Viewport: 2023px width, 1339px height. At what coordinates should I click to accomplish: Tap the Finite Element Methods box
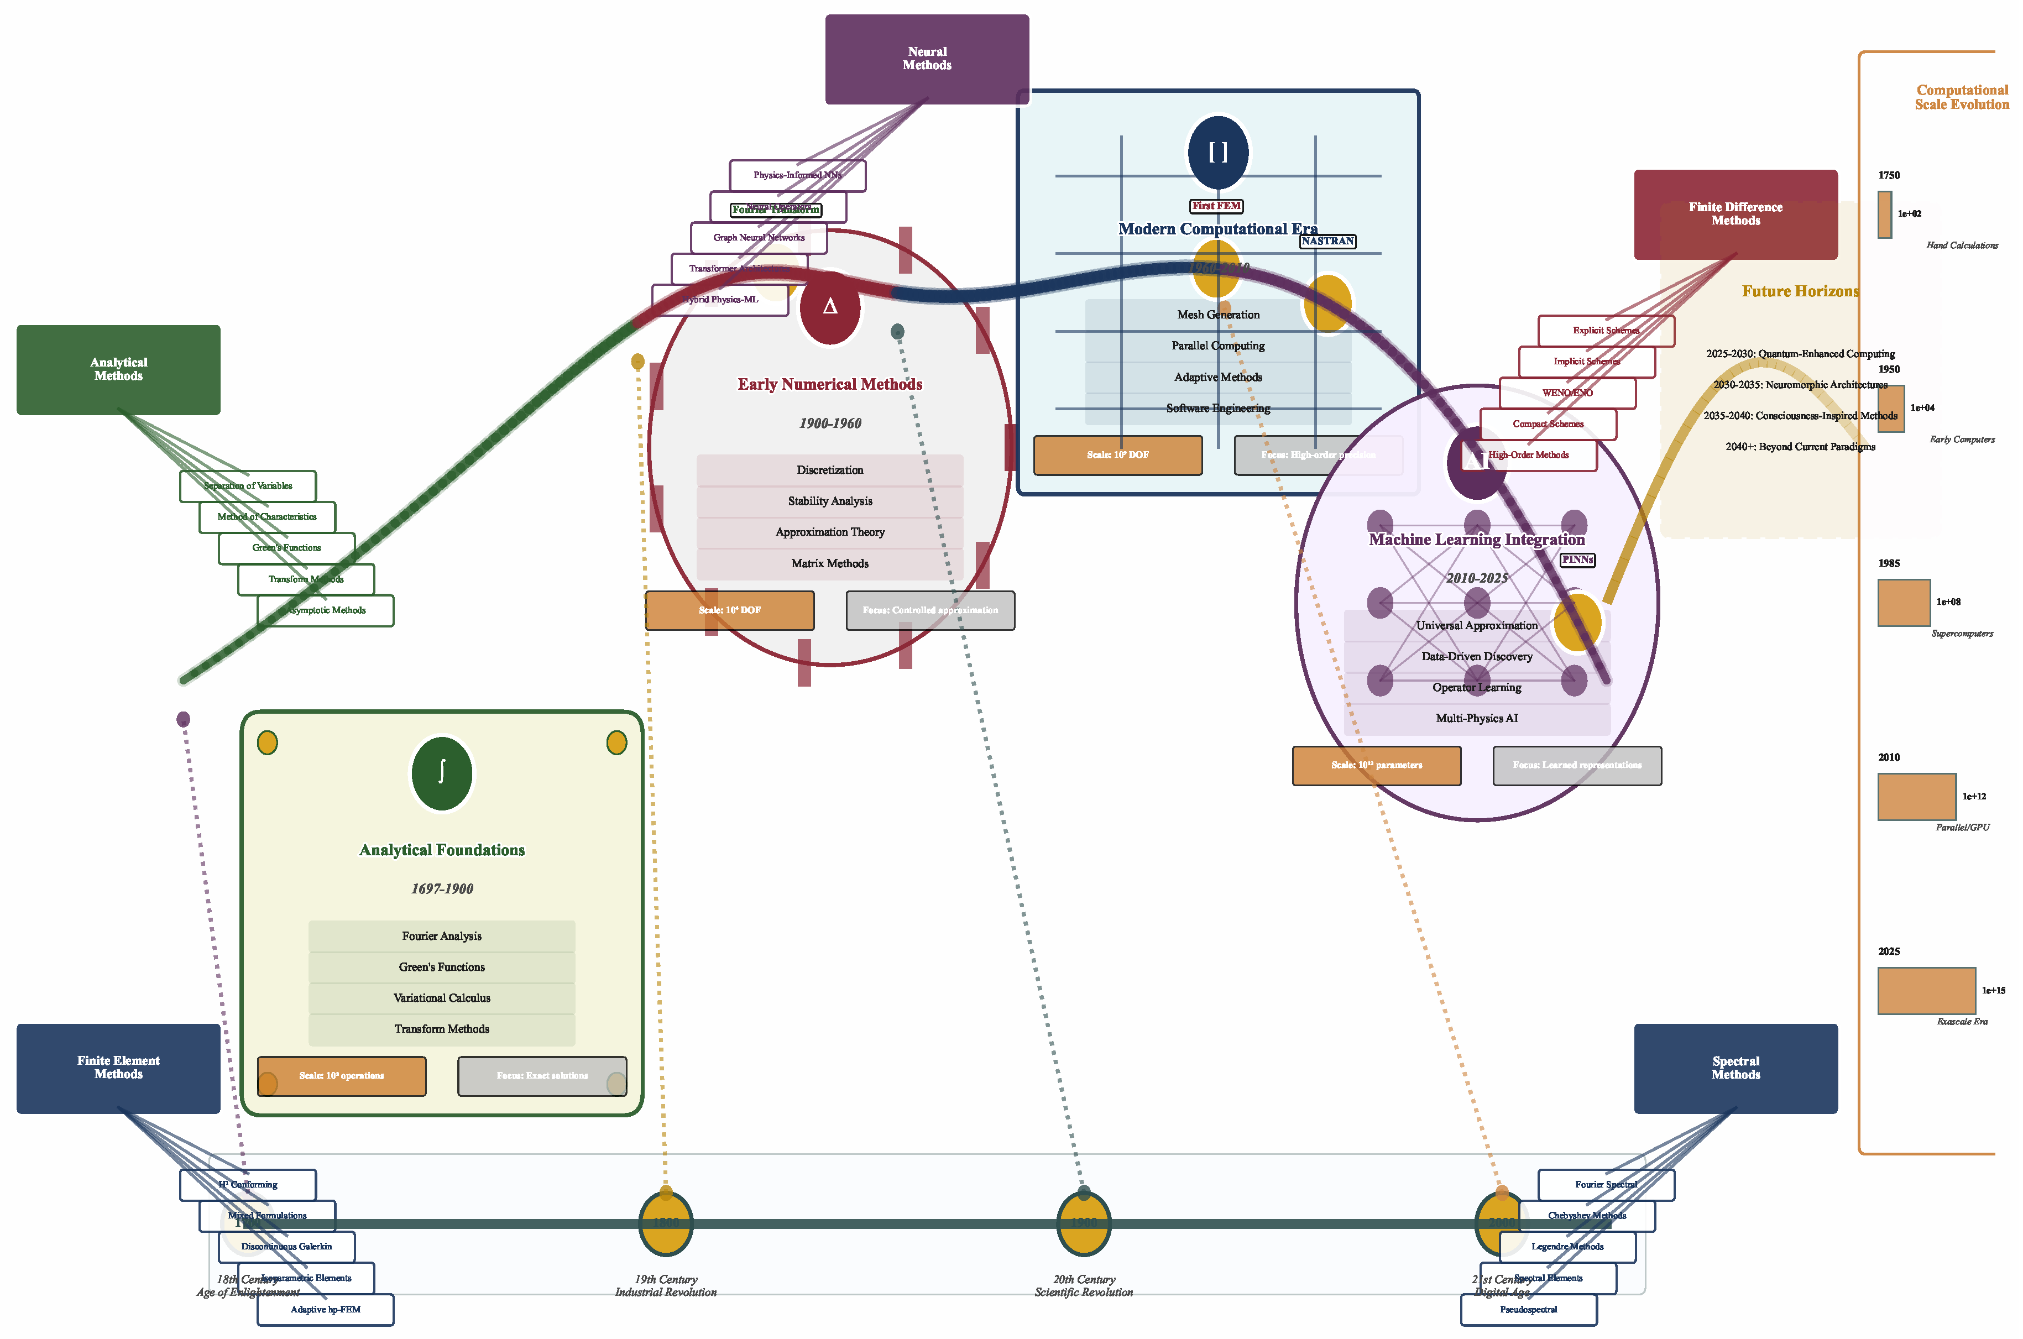tap(118, 1068)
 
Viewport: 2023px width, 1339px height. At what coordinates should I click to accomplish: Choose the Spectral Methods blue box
tap(1735, 1068)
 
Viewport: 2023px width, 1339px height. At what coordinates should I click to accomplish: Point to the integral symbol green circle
tap(442, 773)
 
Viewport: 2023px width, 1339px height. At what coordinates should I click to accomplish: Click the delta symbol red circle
tap(829, 307)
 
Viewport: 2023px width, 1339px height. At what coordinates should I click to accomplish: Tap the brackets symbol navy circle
tap(1218, 153)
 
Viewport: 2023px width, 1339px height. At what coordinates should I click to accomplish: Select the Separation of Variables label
tap(248, 486)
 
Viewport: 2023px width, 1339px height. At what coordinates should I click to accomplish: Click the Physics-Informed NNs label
tap(797, 175)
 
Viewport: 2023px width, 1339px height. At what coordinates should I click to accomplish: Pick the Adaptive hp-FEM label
tap(325, 1310)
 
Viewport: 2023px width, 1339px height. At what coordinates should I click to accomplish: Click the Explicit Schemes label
tap(1606, 331)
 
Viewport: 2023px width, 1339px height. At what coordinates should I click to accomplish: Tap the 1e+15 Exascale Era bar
tap(1926, 991)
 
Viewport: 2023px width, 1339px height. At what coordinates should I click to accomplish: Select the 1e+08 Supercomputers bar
tap(1904, 602)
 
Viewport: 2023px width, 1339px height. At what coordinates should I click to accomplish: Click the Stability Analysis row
tap(829, 501)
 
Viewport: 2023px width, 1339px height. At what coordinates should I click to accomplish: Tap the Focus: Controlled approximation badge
tap(930, 610)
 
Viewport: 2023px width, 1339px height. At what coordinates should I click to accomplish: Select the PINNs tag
tap(1577, 560)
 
